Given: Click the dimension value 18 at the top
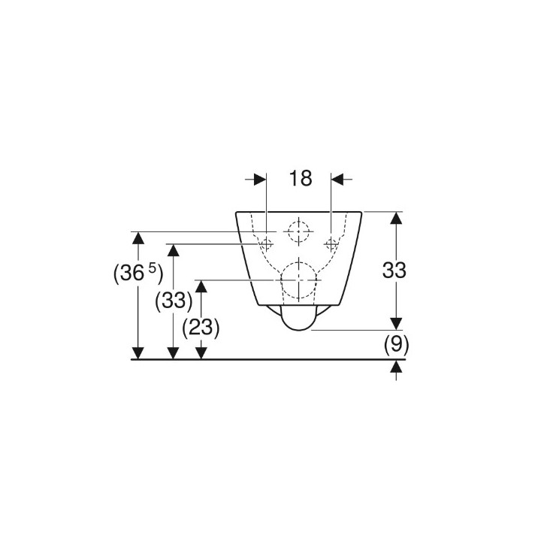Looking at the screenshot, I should pyautogui.click(x=300, y=179).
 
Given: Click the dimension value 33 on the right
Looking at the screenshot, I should pyautogui.click(x=394, y=270).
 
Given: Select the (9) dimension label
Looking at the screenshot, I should pyautogui.click(x=395, y=345).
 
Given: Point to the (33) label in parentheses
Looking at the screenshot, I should pyautogui.click(x=174, y=301).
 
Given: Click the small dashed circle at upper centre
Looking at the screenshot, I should pyautogui.click(x=299, y=231).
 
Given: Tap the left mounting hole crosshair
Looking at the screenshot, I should pyautogui.click(x=266, y=243).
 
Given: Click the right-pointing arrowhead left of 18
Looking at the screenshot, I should pyautogui.click(x=260, y=179).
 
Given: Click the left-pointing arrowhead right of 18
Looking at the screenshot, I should pyautogui.click(x=337, y=179).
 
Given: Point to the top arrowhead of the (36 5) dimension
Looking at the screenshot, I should pyautogui.click(x=138, y=238).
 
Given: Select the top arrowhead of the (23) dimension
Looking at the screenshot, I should pyautogui.click(x=201, y=286).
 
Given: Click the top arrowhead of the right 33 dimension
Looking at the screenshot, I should pyautogui.click(x=396, y=218).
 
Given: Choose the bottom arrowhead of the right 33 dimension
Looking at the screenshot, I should pyautogui.click(x=396, y=322).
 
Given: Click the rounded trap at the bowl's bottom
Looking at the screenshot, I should pyautogui.click(x=299, y=319).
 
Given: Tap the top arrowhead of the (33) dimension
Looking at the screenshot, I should pyautogui.click(x=174, y=250).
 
